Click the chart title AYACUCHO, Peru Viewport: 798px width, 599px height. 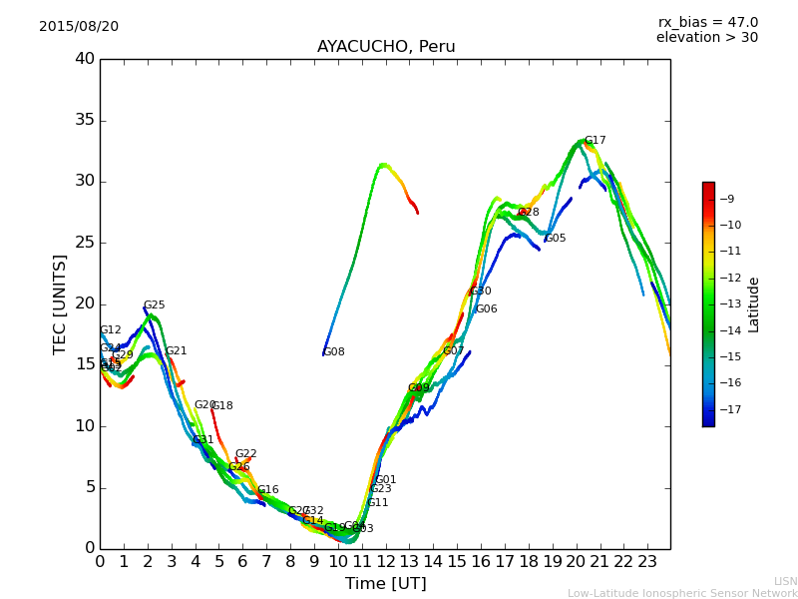(x=386, y=47)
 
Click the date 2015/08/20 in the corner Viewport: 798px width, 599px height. (x=79, y=27)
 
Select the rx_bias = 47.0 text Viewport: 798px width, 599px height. (x=707, y=23)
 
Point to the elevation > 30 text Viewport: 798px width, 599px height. (x=706, y=38)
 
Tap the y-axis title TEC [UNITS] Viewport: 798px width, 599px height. (x=61, y=304)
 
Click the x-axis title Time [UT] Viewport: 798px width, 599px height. (x=385, y=584)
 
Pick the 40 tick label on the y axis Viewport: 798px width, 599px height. (x=85, y=59)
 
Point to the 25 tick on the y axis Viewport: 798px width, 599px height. (x=85, y=243)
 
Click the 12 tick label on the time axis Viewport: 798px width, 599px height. (x=385, y=562)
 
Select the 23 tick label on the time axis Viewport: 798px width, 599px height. (x=646, y=562)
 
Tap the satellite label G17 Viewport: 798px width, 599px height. (x=596, y=141)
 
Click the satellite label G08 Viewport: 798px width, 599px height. (x=334, y=352)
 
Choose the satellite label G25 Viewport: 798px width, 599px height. (x=155, y=306)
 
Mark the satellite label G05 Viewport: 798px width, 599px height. (x=556, y=239)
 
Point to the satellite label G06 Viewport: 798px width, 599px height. (x=487, y=309)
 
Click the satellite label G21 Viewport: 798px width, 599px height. (x=177, y=351)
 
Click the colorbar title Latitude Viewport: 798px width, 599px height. (x=754, y=304)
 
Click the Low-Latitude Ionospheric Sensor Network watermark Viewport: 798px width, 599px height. (x=682, y=594)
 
